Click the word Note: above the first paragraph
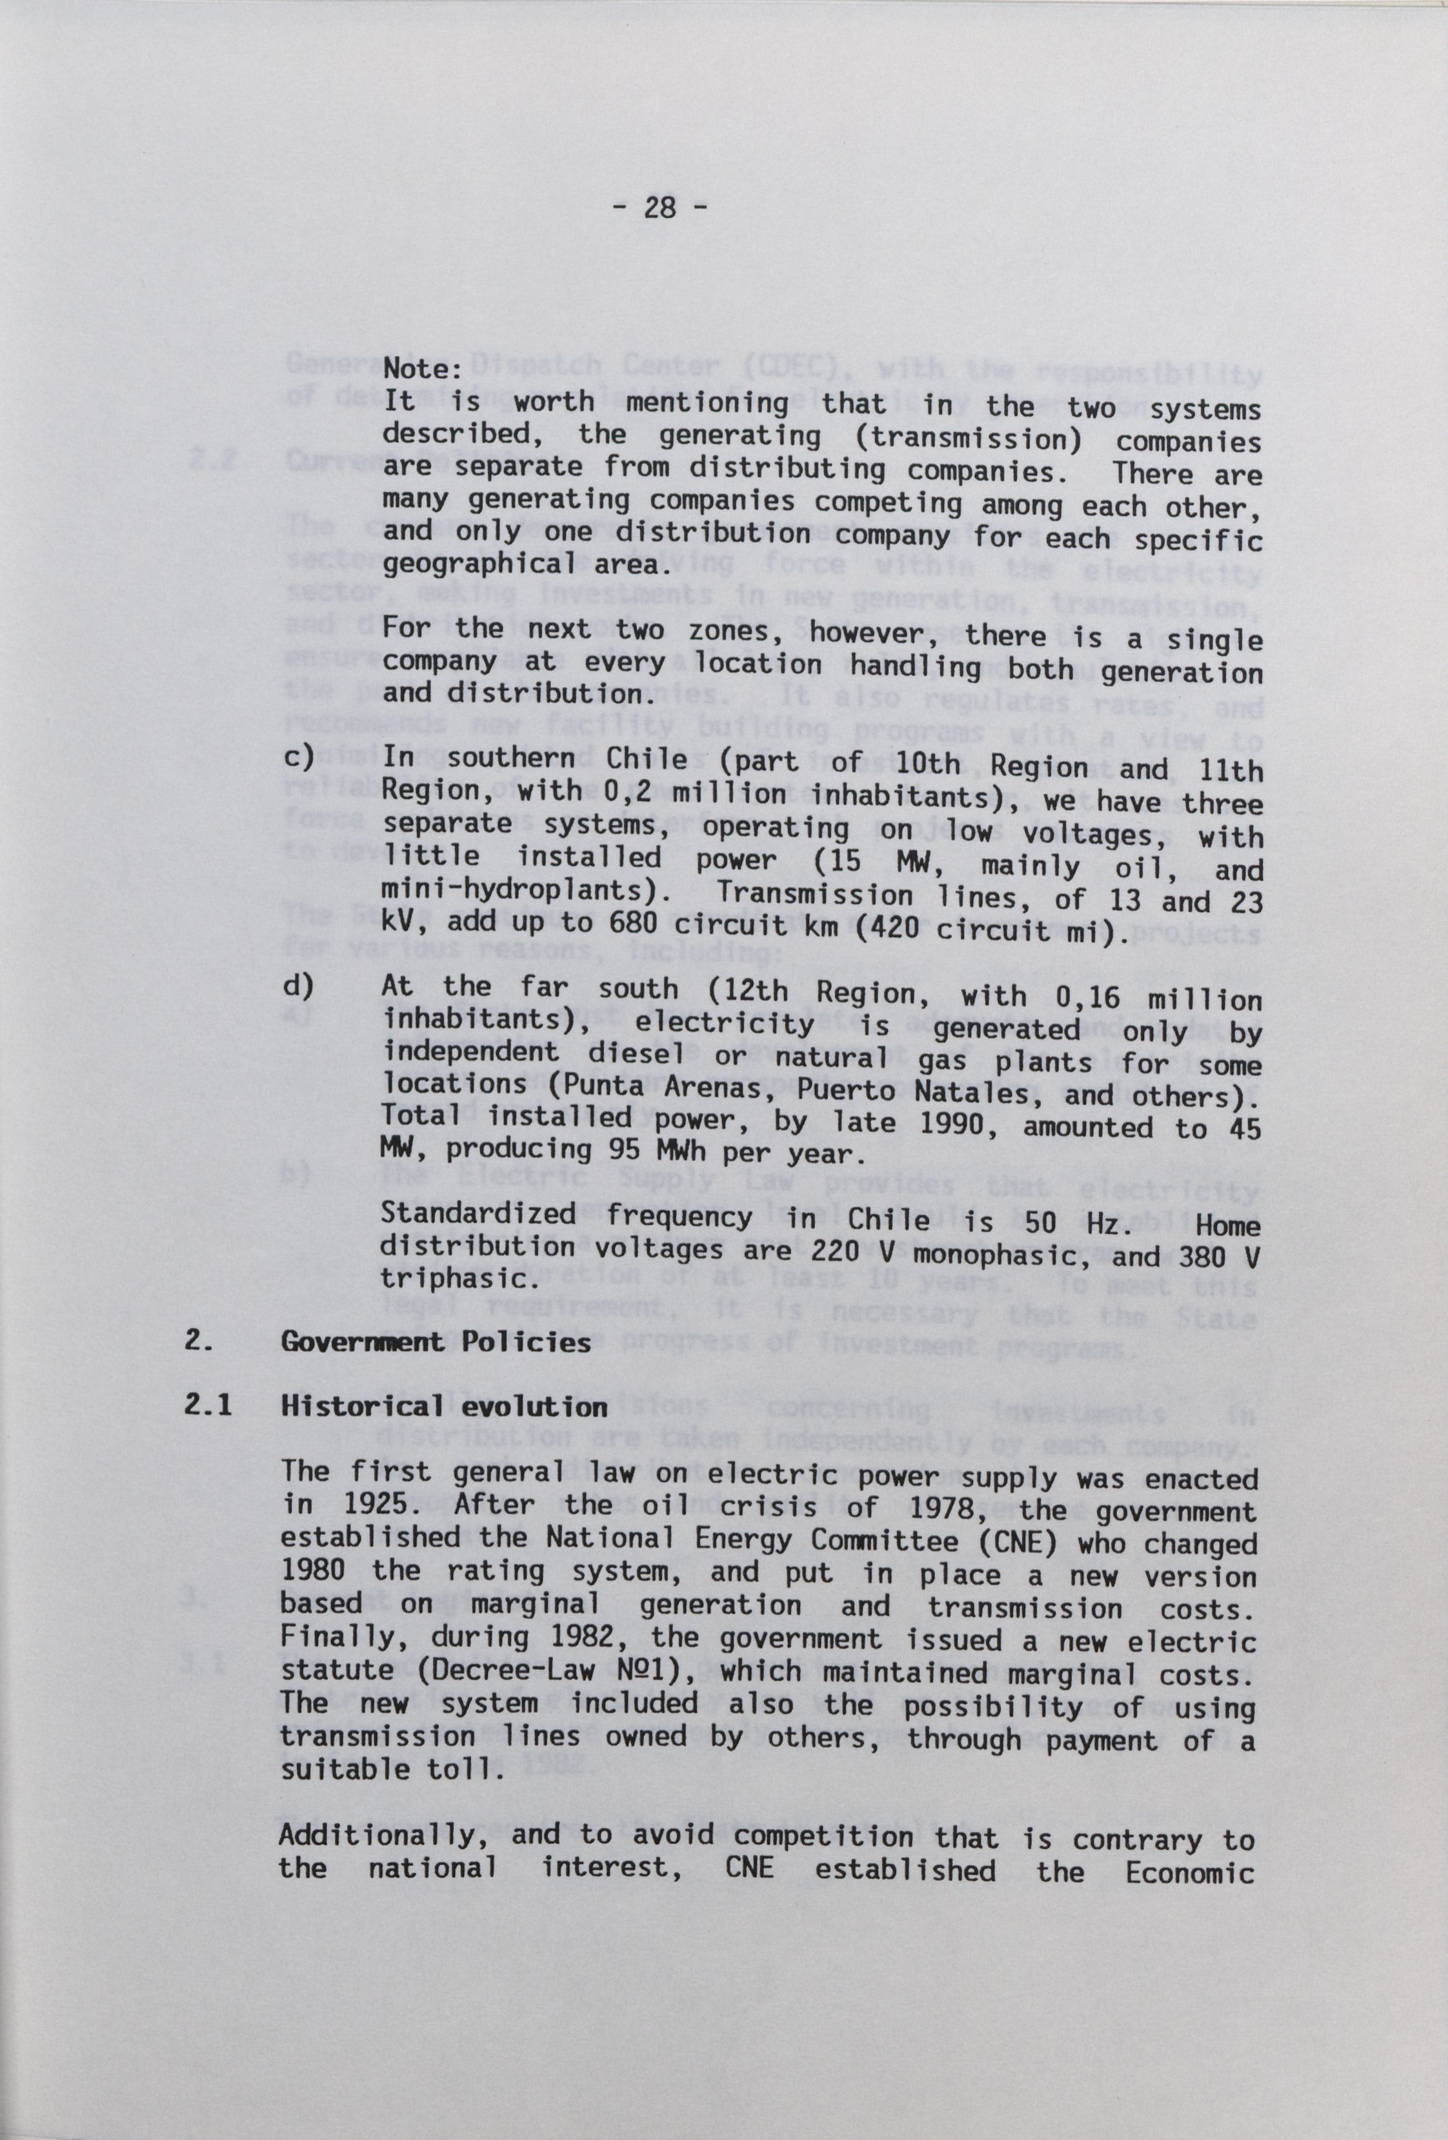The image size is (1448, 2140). (422, 370)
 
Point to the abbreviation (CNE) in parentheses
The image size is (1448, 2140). (1011, 1543)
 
